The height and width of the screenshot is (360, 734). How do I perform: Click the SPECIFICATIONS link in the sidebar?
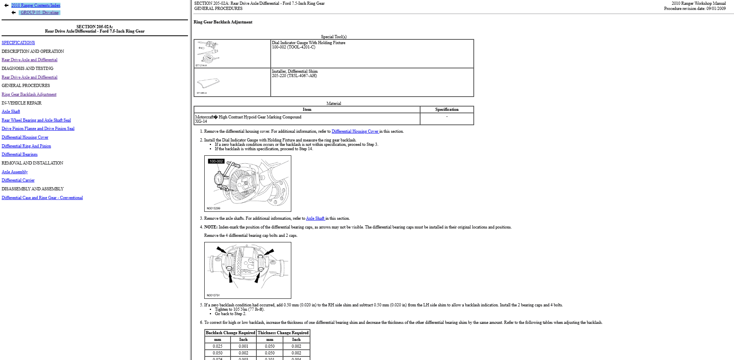18,43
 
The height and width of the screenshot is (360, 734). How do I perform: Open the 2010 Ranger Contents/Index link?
36,5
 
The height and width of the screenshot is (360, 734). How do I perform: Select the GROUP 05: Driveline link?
39,12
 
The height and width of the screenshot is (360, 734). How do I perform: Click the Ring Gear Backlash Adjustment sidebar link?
29,94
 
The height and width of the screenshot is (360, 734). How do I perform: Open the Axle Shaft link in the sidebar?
11,111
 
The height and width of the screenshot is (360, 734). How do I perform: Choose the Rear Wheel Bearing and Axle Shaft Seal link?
36,120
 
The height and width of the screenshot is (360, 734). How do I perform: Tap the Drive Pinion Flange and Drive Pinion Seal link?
38,128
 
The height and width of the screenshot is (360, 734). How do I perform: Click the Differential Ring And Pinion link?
26,146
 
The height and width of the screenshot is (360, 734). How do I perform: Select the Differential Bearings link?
19,154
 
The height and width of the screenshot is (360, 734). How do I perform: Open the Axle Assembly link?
15,172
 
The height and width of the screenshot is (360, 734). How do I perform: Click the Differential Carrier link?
18,180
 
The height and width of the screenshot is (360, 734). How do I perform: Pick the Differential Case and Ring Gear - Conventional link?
42,197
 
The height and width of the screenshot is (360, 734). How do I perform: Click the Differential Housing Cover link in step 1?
355,131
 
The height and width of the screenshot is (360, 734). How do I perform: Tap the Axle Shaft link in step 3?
315,218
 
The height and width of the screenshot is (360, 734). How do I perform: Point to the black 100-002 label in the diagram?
216,161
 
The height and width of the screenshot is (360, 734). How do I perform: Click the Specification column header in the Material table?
447,109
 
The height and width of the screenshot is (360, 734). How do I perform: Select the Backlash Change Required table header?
230,333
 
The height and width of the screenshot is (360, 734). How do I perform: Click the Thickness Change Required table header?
283,333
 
